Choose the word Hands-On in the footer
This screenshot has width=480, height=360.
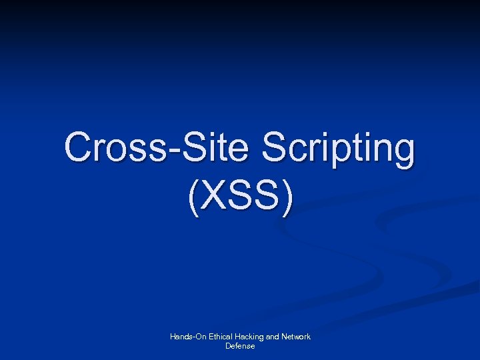click(187, 337)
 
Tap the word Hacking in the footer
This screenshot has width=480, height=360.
click(249, 337)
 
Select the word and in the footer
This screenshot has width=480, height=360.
click(273, 337)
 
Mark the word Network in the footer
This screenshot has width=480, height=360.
click(297, 337)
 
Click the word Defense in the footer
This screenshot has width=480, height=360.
click(240, 346)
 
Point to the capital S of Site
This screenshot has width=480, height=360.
click(199, 148)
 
